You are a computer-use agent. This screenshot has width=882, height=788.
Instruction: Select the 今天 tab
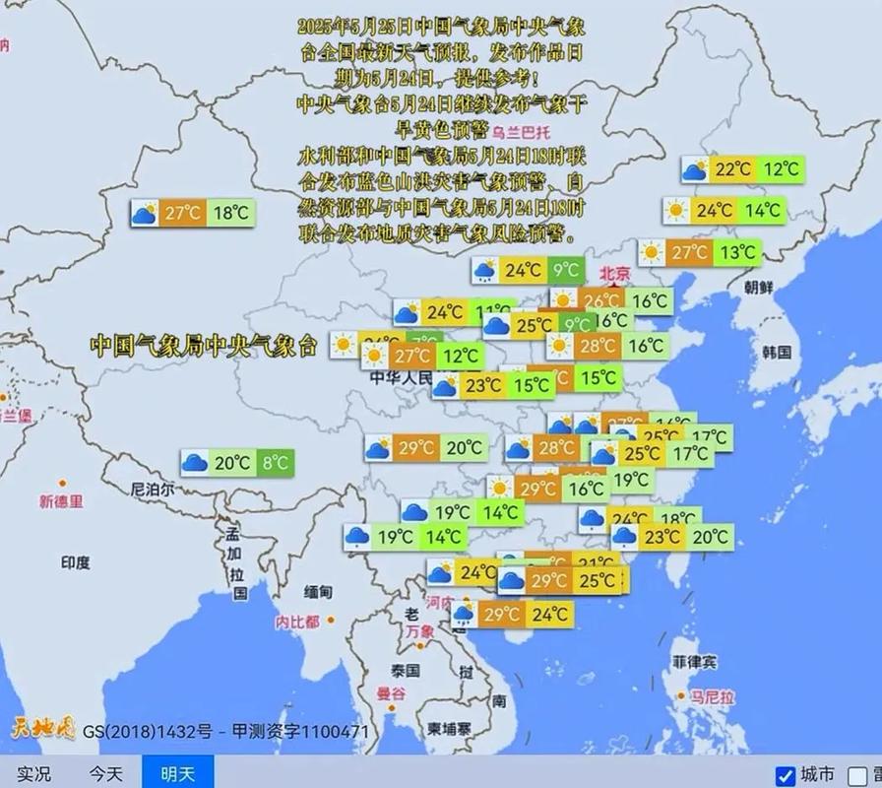point(107,774)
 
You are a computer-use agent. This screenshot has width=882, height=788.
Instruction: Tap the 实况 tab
point(33,774)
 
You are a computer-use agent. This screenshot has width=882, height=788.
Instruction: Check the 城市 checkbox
point(786,775)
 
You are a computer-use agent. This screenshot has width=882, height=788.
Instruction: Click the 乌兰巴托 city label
point(522,132)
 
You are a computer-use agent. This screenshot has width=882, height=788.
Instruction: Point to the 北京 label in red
point(615,274)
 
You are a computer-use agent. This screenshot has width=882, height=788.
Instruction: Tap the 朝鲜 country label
point(759,288)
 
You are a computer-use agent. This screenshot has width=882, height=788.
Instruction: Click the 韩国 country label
point(778,352)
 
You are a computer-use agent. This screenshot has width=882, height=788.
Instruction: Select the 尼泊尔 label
point(153,489)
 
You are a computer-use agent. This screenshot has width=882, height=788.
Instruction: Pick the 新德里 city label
point(62,501)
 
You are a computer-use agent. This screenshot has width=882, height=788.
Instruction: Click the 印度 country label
point(76,562)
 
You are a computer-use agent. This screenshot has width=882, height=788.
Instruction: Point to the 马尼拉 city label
point(713,697)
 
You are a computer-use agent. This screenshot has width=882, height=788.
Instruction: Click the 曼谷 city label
point(391,693)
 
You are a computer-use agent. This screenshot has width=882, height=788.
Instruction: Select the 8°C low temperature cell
point(277,462)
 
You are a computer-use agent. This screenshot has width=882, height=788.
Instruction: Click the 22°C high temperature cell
point(732,169)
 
